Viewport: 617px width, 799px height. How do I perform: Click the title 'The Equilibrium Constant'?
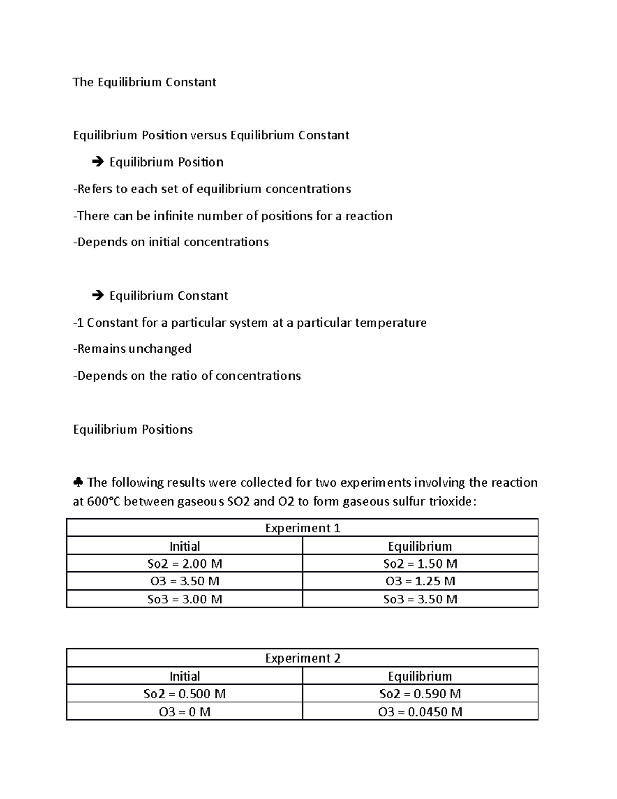(144, 82)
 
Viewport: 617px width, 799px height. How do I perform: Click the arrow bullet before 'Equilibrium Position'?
(97, 163)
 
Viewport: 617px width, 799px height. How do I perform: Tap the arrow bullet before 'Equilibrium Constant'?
(97, 296)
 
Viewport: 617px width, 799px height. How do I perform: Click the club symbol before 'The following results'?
(78, 483)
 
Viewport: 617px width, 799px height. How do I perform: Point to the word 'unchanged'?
(160, 349)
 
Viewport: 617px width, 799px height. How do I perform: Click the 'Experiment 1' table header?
(302, 528)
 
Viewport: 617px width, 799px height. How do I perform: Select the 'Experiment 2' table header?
(302, 658)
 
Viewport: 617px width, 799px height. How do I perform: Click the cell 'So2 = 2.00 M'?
(185, 563)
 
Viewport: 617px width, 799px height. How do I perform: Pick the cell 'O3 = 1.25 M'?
(420, 581)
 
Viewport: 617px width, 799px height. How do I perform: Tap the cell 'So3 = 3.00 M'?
(185, 599)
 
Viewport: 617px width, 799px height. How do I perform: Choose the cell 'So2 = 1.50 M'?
(420, 563)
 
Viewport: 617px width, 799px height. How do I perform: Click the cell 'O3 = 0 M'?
(185, 712)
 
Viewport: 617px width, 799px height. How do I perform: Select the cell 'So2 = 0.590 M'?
(420, 694)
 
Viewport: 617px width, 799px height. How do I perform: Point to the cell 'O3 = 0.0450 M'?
(420, 712)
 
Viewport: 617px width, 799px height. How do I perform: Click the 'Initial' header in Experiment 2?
(185, 676)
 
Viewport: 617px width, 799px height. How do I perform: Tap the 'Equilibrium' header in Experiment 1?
(420, 546)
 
